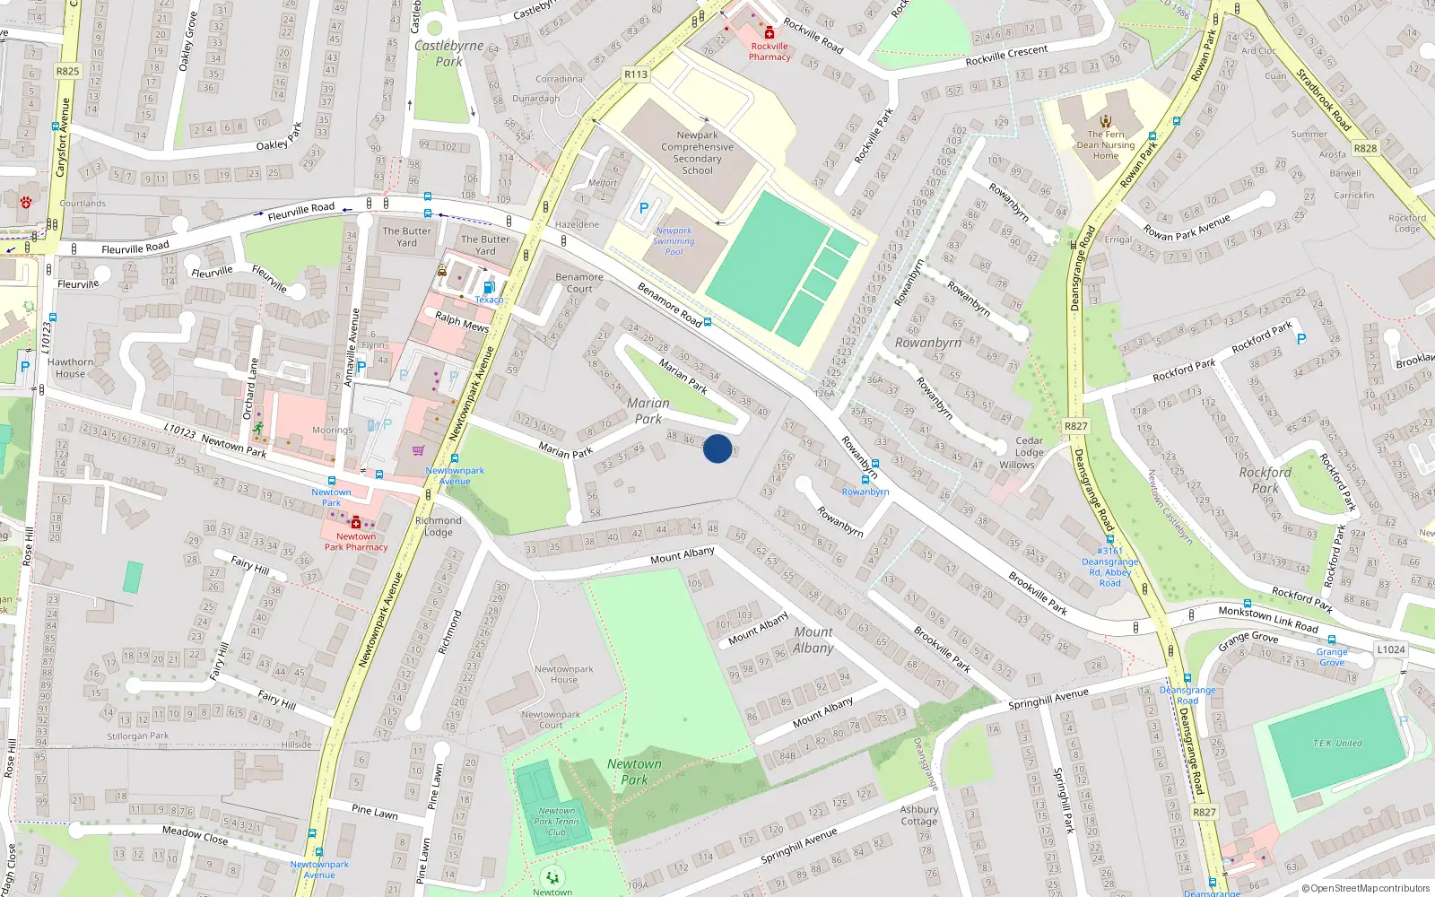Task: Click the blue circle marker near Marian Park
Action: (x=717, y=448)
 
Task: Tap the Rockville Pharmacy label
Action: (x=770, y=52)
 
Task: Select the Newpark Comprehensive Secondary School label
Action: (x=697, y=152)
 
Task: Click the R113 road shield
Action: (x=636, y=74)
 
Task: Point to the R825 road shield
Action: (x=67, y=71)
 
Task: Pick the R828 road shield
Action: (x=1365, y=148)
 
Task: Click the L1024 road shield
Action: (x=1391, y=649)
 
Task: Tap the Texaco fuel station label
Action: (x=489, y=300)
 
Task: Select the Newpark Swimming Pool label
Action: (x=674, y=241)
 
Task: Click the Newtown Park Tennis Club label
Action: (x=556, y=821)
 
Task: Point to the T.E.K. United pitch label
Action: (x=1337, y=743)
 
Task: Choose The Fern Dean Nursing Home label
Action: (x=1105, y=144)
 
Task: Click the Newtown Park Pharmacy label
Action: (x=356, y=542)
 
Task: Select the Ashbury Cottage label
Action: (x=919, y=814)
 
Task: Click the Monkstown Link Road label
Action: (x=1267, y=619)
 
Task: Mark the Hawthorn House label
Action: (x=70, y=368)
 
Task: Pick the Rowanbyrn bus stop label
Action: (x=865, y=492)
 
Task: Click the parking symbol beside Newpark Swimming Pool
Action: (x=643, y=208)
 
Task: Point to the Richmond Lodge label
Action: (x=438, y=527)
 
